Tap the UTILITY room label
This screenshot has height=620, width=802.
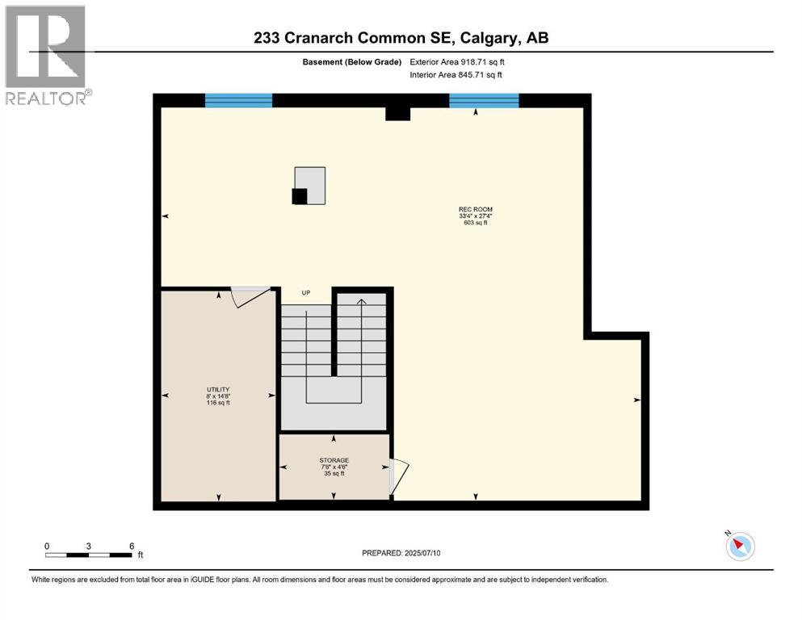[x=218, y=389]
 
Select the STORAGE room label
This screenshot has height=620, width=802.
[x=334, y=460]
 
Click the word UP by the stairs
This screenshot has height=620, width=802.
[x=306, y=293]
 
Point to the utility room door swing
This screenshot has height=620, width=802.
[x=250, y=296]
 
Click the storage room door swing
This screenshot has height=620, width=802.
[x=399, y=476]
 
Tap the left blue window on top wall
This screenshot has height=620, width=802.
[x=238, y=101]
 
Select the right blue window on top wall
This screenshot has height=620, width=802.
[x=484, y=101]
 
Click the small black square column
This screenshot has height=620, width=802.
[x=300, y=196]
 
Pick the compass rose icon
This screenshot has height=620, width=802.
[x=740, y=547]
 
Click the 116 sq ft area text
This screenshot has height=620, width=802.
[x=218, y=403]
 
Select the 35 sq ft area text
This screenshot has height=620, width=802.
[x=334, y=474]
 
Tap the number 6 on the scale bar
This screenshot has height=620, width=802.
[x=132, y=546]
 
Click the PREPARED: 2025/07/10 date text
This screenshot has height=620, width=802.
[x=401, y=553]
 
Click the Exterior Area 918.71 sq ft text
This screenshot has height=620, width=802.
[x=457, y=62]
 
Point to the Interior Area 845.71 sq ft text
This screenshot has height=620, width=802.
[x=456, y=75]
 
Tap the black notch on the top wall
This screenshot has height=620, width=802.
[x=397, y=114]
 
